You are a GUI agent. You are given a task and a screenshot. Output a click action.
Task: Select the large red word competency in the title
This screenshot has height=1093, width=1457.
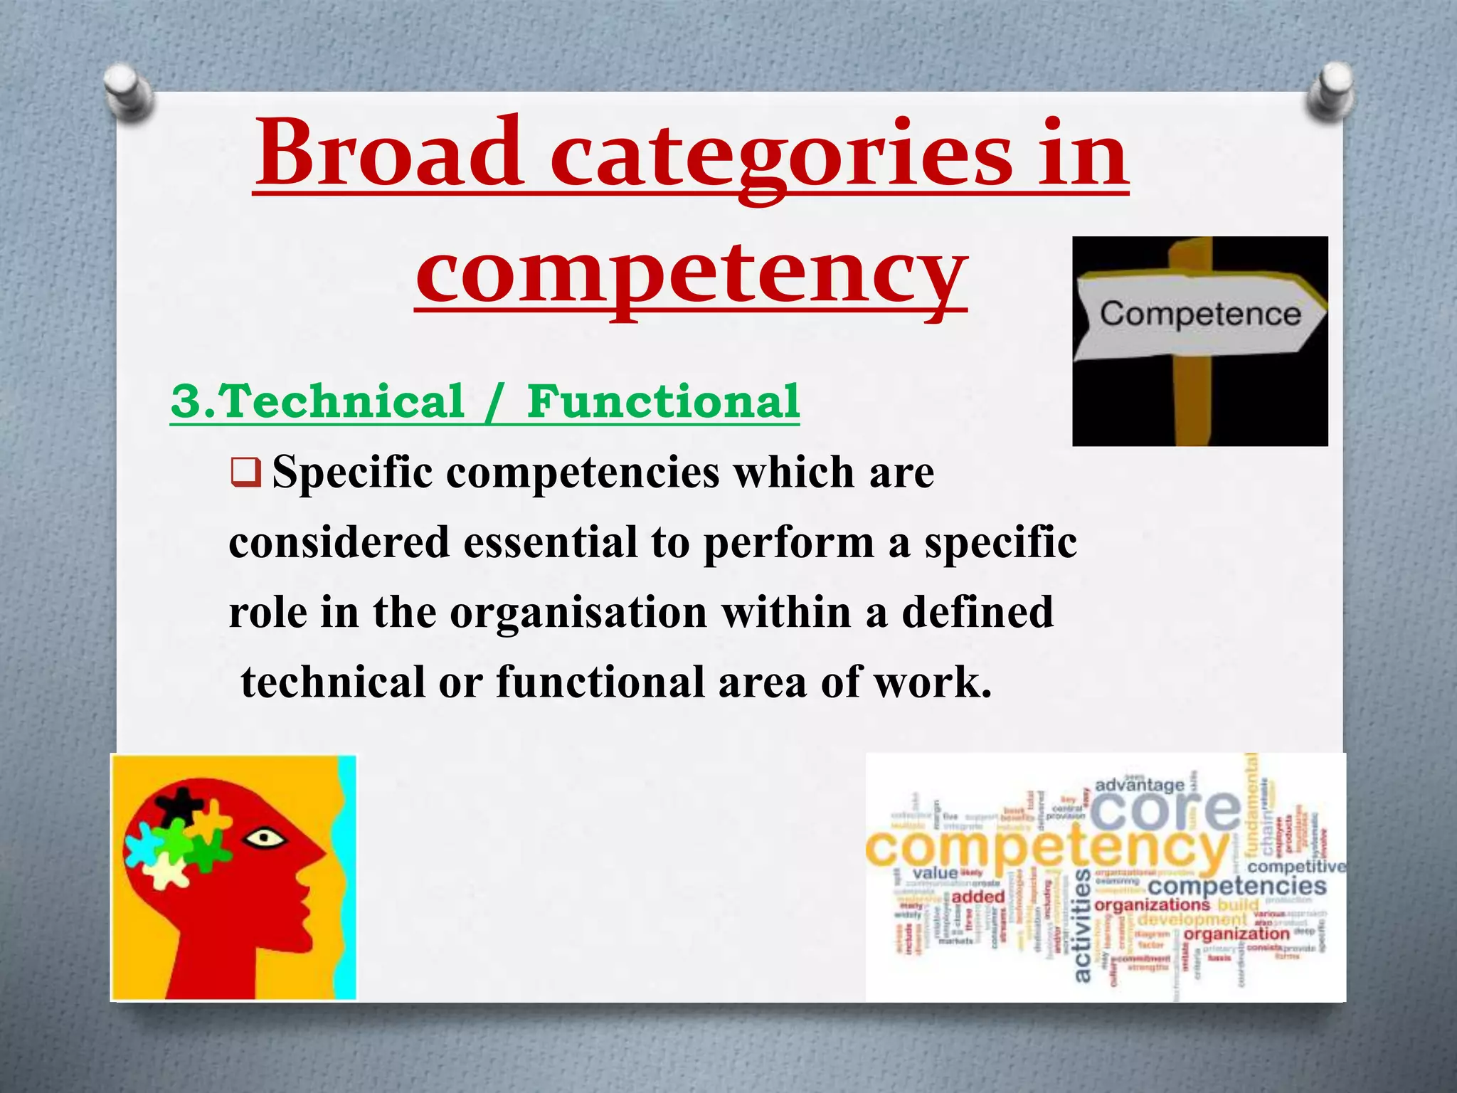[x=691, y=274]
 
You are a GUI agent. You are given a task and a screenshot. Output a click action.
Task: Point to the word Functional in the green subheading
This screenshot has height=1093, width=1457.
[x=663, y=401]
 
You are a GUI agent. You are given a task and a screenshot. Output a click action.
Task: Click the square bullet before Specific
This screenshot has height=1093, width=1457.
[x=246, y=473]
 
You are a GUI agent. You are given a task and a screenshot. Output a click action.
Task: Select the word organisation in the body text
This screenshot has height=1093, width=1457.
[x=578, y=613]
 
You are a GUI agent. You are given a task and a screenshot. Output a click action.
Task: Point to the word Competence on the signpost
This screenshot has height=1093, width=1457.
[x=1200, y=314]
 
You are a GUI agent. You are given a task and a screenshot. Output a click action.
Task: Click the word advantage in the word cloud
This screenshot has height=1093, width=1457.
[x=1140, y=785]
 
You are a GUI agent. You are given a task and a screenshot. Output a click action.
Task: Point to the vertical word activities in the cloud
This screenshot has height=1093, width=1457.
[x=1081, y=925]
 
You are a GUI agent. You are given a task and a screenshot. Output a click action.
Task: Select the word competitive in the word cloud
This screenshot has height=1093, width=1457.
[x=1296, y=866]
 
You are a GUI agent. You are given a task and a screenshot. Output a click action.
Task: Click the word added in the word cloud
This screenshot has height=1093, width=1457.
[x=977, y=897]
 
